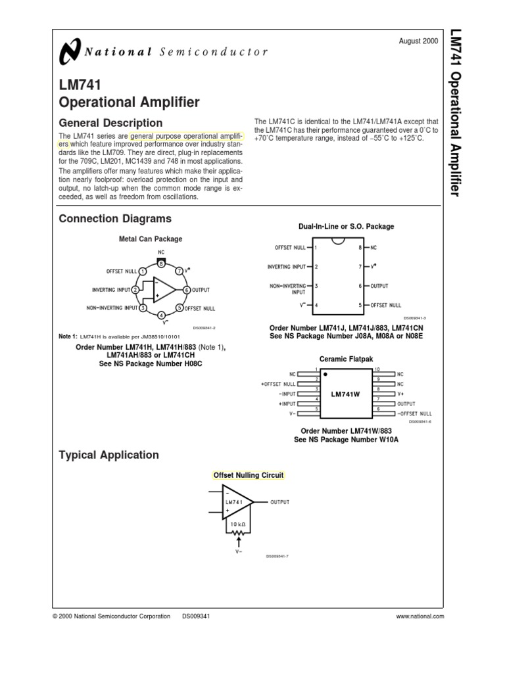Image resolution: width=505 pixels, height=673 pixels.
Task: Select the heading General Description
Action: click(110, 123)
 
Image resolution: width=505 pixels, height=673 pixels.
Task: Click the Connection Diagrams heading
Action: click(115, 218)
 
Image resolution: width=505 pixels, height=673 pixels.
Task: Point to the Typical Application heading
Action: click(108, 455)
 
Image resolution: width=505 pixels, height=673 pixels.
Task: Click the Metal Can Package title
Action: click(150, 239)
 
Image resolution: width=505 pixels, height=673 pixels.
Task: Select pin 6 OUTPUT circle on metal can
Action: click(187, 290)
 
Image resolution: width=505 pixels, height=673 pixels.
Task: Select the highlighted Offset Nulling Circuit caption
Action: click(248, 475)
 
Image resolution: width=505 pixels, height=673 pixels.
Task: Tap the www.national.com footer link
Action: click(421, 616)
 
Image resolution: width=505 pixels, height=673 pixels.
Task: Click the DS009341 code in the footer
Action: click(196, 616)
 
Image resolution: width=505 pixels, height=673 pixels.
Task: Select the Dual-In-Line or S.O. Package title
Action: click(346, 227)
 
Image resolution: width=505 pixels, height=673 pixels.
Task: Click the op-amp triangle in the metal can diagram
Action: click(164, 290)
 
